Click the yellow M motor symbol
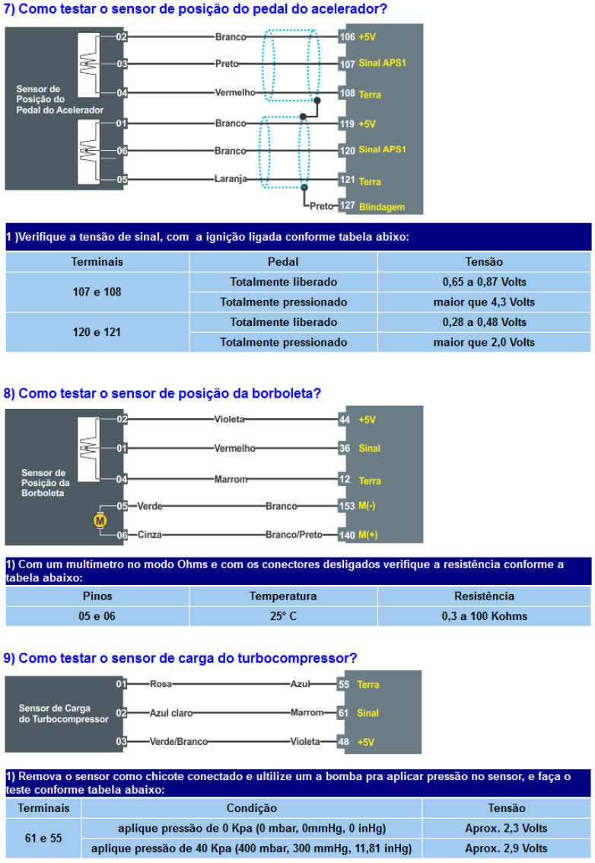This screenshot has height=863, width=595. pos(100,520)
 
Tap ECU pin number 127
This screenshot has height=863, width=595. pos(347,206)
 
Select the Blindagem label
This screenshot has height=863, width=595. pos(381,206)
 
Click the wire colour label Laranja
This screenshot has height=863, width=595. pos(231,180)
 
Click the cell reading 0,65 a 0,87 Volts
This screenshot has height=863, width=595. pos(484,282)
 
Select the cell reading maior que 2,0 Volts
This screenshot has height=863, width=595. pos(484,342)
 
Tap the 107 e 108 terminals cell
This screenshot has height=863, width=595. pos(97,292)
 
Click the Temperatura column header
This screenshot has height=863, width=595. pos(283,596)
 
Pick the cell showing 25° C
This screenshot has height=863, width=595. pos(283,615)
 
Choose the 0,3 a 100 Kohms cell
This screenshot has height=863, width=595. pos(484,615)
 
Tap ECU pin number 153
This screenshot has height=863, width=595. pos(347,506)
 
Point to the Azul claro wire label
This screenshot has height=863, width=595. pos(171,713)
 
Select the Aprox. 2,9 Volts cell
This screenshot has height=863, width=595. pos(506,848)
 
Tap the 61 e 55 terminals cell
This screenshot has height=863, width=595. pos(43,838)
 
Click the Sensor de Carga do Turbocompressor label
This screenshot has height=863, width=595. pos(63,713)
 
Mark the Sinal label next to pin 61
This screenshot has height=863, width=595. pos(368,713)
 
